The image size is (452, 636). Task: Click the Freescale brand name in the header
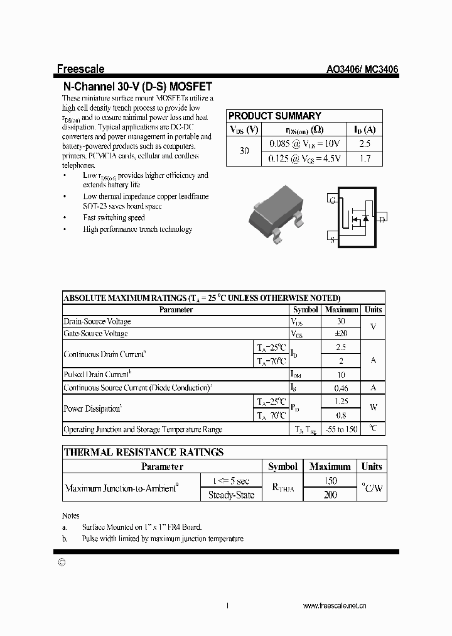click(81, 69)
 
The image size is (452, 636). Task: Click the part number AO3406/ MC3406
click(362, 70)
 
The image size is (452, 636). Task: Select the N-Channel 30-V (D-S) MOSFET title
click(138, 87)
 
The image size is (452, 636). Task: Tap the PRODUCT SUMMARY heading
click(274, 116)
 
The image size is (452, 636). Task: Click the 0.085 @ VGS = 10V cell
click(304, 144)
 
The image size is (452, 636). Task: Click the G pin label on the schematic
click(332, 200)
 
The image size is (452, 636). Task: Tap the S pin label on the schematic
click(332, 239)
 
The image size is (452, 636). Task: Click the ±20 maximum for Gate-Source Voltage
click(340, 333)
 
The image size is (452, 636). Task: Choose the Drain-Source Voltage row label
click(97, 321)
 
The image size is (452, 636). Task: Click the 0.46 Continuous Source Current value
click(340, 388)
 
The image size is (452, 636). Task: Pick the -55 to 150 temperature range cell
click(340, 429)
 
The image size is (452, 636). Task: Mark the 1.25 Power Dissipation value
click(340, 401)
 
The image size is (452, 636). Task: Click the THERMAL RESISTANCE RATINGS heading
click(144, 452)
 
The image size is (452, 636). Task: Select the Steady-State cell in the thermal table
click(231, 495)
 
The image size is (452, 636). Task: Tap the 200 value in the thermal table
click(330, 495)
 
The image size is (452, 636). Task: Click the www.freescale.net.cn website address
click(335, 606)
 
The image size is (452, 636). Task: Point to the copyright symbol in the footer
click(61, 563)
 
